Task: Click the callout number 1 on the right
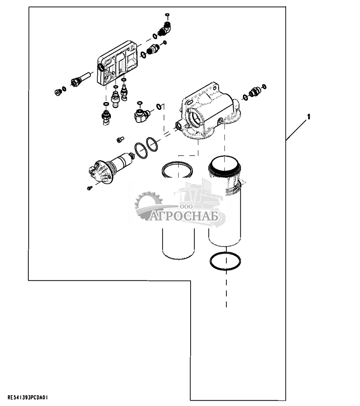pos(308,116)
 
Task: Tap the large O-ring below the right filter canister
pos(225,262)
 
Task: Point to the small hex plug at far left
pos(58,92)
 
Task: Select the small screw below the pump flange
pos(90,188)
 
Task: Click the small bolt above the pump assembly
pos(120,139)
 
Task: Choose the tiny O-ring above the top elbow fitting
pos(167,15)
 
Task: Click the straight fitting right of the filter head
pos(255,92)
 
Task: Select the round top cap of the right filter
pos(224,164)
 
